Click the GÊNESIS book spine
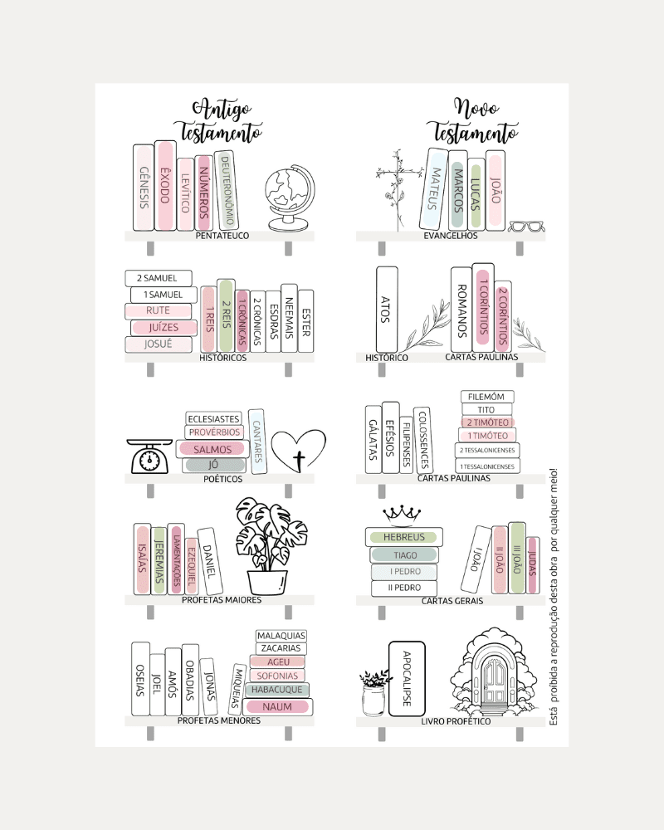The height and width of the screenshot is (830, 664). (144, 188)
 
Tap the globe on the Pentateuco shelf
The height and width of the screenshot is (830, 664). (287, 199)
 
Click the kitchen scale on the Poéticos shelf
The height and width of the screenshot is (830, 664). (150, 456)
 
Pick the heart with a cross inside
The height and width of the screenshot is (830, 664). (299, 452)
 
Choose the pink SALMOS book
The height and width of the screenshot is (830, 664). (212, 449)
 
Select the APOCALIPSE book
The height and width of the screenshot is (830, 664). (407, 678)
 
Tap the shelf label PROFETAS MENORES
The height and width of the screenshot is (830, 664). (219, 720)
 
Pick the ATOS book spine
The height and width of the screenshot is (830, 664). (386, 309)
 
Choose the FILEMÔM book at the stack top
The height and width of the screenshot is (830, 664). (487, 397)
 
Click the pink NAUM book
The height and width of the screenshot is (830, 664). (277, 706)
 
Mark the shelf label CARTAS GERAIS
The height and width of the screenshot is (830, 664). (452, 600)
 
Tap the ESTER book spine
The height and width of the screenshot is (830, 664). (305, 321)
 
